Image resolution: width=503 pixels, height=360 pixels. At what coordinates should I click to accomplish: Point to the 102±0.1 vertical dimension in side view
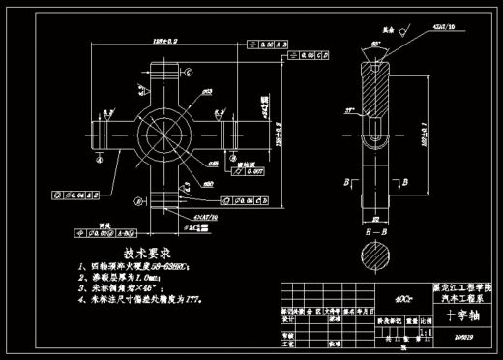point(425,138)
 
